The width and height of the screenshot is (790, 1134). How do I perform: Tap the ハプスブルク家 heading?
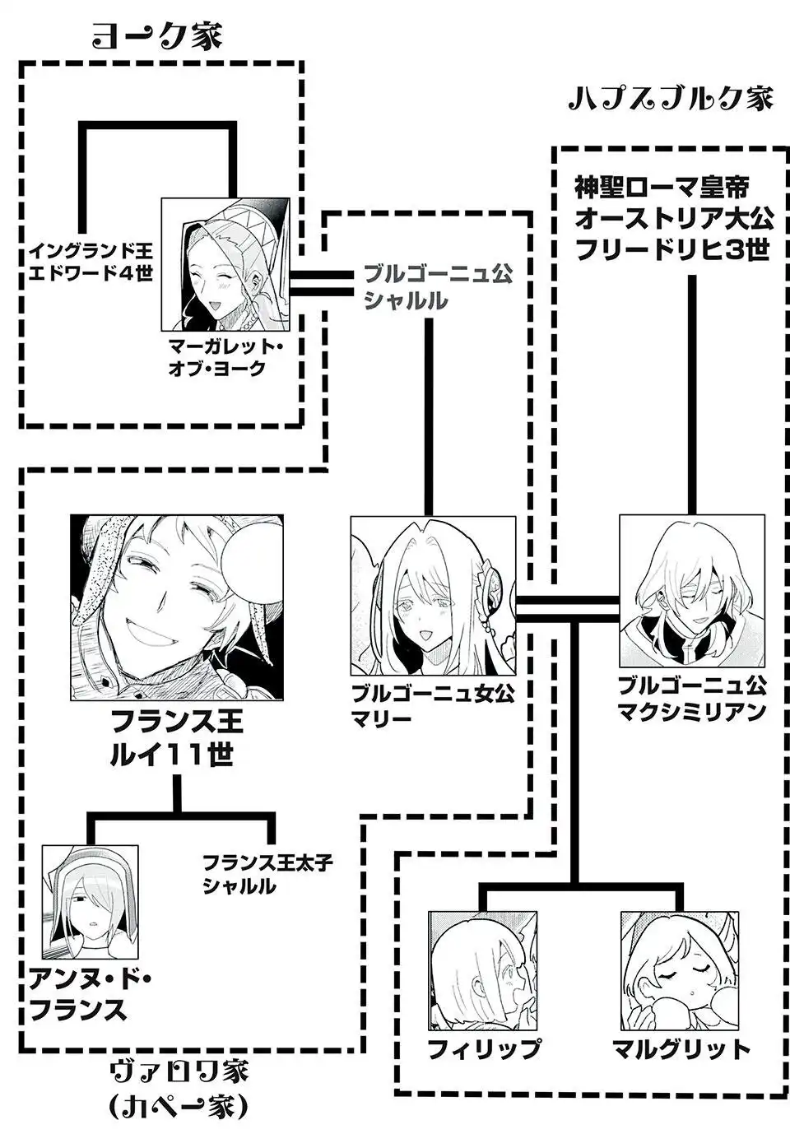pyautogui.click(x=671, y=98)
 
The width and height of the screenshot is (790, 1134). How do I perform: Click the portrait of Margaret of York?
pyautogui.click(x=225, y=263)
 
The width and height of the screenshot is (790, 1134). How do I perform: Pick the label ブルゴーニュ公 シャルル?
pyautogui.click(x=436, y=286)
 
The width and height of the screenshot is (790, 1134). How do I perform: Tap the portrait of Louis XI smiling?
pyautogui.click(x=177, y=607)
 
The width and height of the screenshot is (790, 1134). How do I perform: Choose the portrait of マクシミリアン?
pyautogui.click(x=691, y=590)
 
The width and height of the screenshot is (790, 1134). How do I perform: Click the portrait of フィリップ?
pyautogui.click(x=482, y=969)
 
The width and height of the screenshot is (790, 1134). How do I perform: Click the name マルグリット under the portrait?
pyautogui.click(x=681, y=1048)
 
